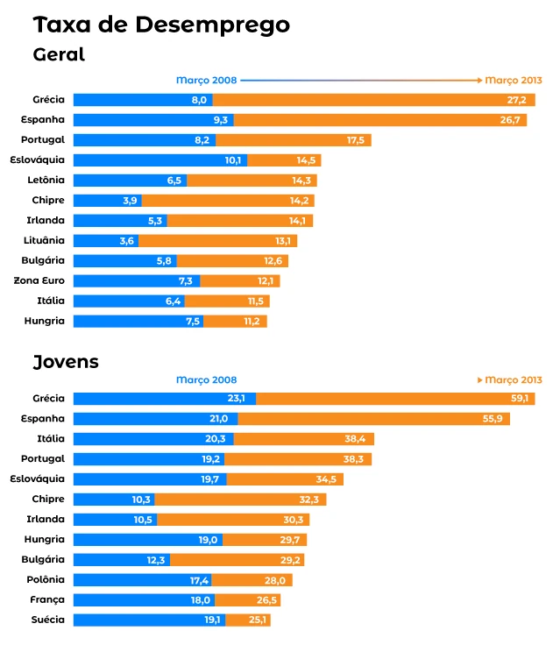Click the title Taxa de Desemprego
click(161, 25)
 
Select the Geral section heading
click(59, 54)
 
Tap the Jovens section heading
click(66, 362)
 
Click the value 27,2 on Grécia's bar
click(516, 100)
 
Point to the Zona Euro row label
click(39, 280)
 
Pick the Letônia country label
click(46, 180)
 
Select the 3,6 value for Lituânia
click(128, 240)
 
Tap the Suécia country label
click(46, 620)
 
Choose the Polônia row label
click(45, 580)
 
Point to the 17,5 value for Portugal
click(356, 140)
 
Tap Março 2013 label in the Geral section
click(514, 80)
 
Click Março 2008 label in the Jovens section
click(206, 380)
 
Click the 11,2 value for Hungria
click(252, 321)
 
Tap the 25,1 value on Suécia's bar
click(257, 620)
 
